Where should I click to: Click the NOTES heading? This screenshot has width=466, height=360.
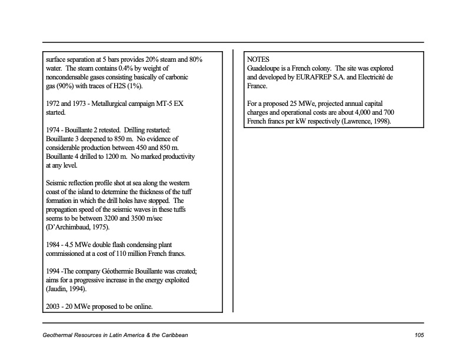(x=258, y=60)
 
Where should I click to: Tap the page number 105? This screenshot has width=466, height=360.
(x=419, y=335)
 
